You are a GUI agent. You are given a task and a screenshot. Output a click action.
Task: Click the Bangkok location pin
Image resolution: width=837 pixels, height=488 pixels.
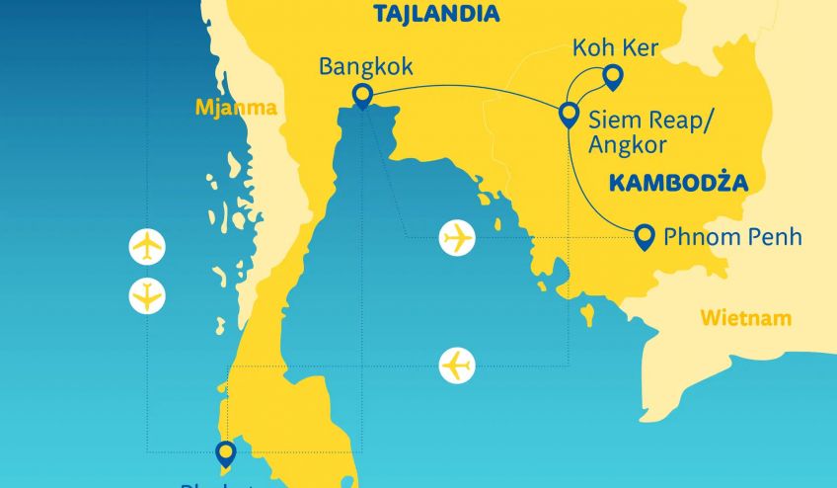pyautogui.click(x=362, y=96)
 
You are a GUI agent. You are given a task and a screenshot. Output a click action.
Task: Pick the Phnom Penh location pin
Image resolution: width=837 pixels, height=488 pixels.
pyautogui.click(x=644, y=234)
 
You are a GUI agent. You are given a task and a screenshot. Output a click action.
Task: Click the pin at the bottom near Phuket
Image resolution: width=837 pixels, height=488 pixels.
pyautogui.click(x=226, y=452)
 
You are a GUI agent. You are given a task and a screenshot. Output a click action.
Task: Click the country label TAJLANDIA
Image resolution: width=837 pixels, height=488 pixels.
pyautogui.click(x=436, y=14)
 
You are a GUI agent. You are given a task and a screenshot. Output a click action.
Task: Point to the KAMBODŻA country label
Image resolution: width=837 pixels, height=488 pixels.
pyautogui.click(x=677, y=182)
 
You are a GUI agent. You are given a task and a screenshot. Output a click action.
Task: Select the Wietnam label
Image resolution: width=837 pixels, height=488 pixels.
pyautogui.click(x=746, y=318)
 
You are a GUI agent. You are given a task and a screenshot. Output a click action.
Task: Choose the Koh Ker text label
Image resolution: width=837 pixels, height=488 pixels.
pyautogui.click(x=615, y=47)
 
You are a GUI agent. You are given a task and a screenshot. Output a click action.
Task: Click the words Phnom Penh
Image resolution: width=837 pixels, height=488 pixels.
pyautogui.click(x=730, y=237)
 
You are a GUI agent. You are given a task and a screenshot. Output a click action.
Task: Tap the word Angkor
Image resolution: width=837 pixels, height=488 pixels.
pyautogui.click(x=627, y=144)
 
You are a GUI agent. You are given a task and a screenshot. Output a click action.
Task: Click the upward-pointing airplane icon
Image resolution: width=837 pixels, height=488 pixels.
pyautogui.click(x=147, y=246)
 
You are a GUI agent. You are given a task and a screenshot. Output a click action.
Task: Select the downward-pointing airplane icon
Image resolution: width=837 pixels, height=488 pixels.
pyautogui.click(x=147, y=295)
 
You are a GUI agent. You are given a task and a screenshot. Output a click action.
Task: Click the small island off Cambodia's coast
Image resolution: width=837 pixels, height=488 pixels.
pyautogui.click(x=588, y=315)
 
